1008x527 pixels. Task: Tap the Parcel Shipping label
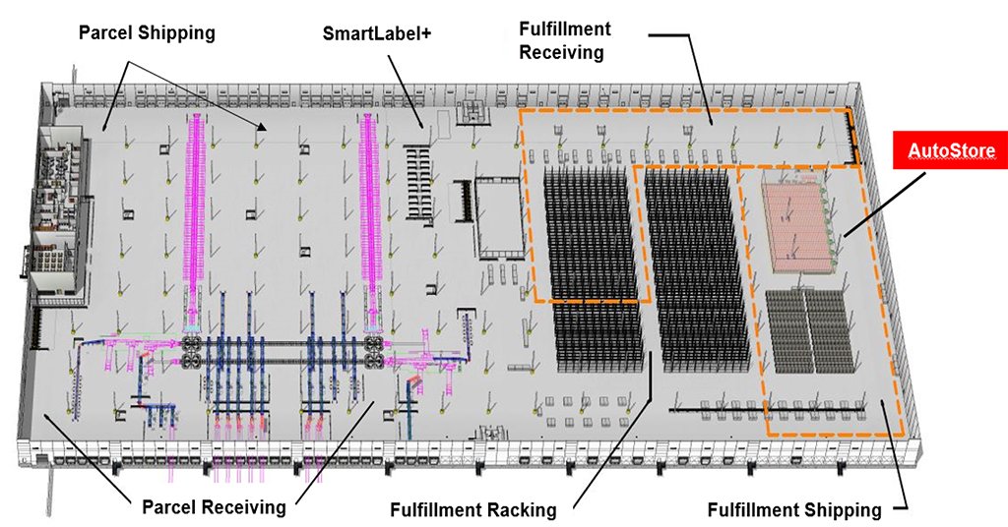coord(147,32)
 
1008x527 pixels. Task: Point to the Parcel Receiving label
coord(214,507)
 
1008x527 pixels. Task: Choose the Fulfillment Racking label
coord(472,510)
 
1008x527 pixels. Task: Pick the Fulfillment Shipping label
coord(794,510)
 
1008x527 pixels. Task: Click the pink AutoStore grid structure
coord(798,226)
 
